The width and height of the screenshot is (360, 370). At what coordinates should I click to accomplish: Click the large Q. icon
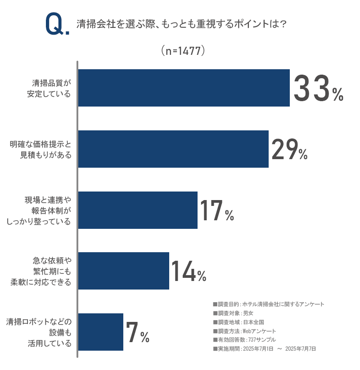tap(57, 24)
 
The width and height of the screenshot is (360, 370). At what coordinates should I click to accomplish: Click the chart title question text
tap(182, 24)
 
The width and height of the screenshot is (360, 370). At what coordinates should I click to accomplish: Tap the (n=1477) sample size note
tap(183, 51)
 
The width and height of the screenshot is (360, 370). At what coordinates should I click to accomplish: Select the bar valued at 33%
tap(184, 88)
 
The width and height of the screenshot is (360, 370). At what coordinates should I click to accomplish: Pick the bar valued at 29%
tap(173, 149)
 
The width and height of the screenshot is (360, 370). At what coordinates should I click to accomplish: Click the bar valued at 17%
tap(138, 210)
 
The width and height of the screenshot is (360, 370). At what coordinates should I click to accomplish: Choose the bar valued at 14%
tap(124, 271)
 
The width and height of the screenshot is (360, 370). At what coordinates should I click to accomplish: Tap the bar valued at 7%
tap(101, 332)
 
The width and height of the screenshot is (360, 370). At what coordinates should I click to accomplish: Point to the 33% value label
tap(318, 89)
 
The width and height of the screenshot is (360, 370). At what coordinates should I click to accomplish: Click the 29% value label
tap(289, 150)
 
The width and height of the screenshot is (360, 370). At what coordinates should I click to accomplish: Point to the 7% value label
tap(138, 333)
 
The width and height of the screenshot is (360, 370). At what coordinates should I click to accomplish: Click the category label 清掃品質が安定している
tap(51, 88)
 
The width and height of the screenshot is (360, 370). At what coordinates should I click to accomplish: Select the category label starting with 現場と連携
tap(42, 210)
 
